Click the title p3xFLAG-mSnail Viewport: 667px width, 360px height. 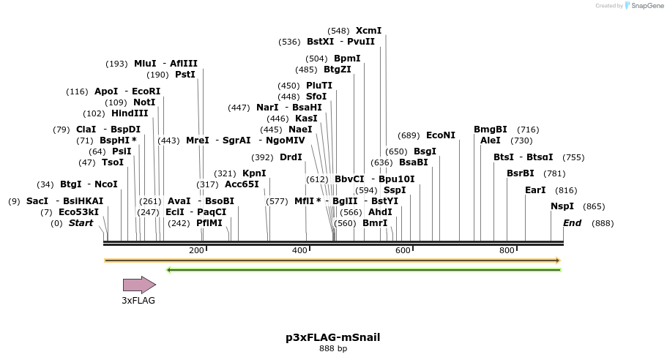point(333,337)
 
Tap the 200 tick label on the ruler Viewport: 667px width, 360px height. point(196,251)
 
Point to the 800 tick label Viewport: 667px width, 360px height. point(507,251)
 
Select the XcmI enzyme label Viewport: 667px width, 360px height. point(368,31)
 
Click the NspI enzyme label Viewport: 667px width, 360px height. point(562,206)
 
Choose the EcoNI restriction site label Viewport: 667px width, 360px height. point(441,135)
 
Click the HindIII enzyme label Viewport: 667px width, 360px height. point(130,113)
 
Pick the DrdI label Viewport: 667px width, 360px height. point(291,157)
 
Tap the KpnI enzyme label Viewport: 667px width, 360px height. point(254,173)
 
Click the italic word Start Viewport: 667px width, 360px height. point(81,223)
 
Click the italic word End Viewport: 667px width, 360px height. point(572,223)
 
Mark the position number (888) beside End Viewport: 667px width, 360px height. point(603,223)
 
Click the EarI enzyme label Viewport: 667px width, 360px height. point(535,190)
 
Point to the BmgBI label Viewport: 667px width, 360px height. point(491,130)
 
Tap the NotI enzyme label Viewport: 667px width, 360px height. point(144,102)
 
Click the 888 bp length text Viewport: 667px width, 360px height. point(333,349)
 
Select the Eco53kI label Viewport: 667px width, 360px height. point(78,212)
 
